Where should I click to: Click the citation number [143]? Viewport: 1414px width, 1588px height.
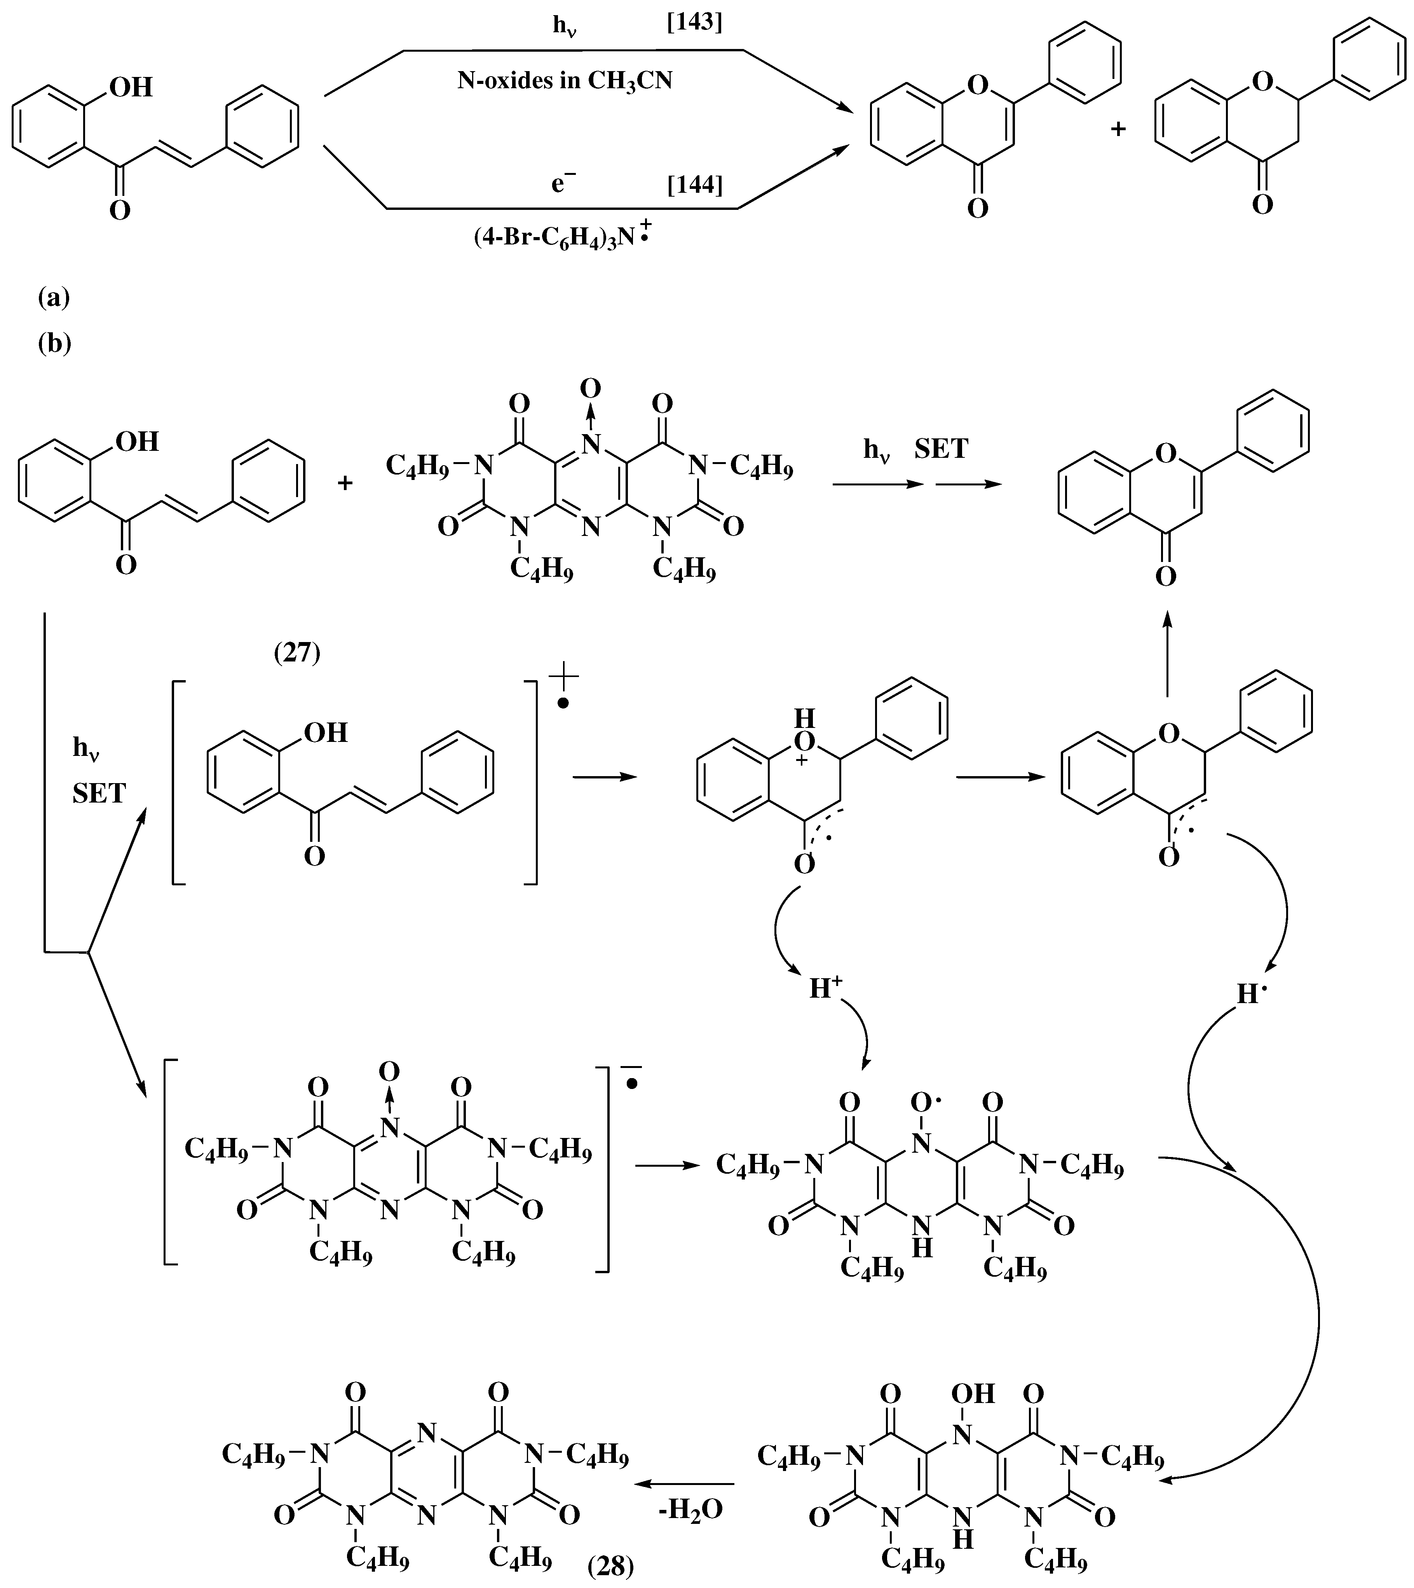click(x=694, y=23)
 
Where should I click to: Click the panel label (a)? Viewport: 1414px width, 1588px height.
click(x=54, y=298)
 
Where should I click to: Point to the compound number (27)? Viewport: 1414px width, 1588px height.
click(x=297, y=653)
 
